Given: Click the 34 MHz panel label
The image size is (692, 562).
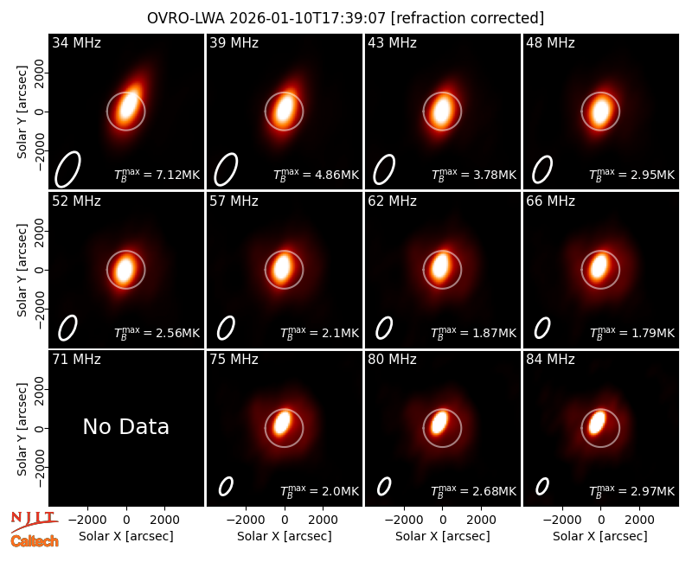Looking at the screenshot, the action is coord(76,42).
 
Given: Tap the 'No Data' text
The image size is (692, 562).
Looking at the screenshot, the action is coord(125,426).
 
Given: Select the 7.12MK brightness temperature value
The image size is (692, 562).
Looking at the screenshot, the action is coord(157,175).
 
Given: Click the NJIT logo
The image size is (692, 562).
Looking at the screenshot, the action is coord(34,521).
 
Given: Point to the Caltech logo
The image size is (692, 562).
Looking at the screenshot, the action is coord(35,541).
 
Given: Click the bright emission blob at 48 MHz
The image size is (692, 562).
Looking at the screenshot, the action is coord(600,111).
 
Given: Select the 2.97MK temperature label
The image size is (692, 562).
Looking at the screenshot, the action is coord(632,491).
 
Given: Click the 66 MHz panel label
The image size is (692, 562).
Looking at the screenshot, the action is coord(550,201).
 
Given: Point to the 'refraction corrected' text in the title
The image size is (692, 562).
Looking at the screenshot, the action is coord(467,18).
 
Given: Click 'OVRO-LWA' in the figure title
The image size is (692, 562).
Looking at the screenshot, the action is coord(186,18).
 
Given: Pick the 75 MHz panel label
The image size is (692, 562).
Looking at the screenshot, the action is coord(234,360).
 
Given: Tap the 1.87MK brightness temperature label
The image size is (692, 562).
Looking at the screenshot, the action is coord(473,333).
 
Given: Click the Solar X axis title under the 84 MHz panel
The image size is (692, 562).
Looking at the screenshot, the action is coord(600,536).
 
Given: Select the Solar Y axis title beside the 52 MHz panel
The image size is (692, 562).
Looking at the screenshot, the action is coord(22,270).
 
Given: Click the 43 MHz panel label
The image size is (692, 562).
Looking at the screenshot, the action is coord(393,42).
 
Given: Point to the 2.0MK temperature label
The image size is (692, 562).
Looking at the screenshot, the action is coord(319,491).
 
